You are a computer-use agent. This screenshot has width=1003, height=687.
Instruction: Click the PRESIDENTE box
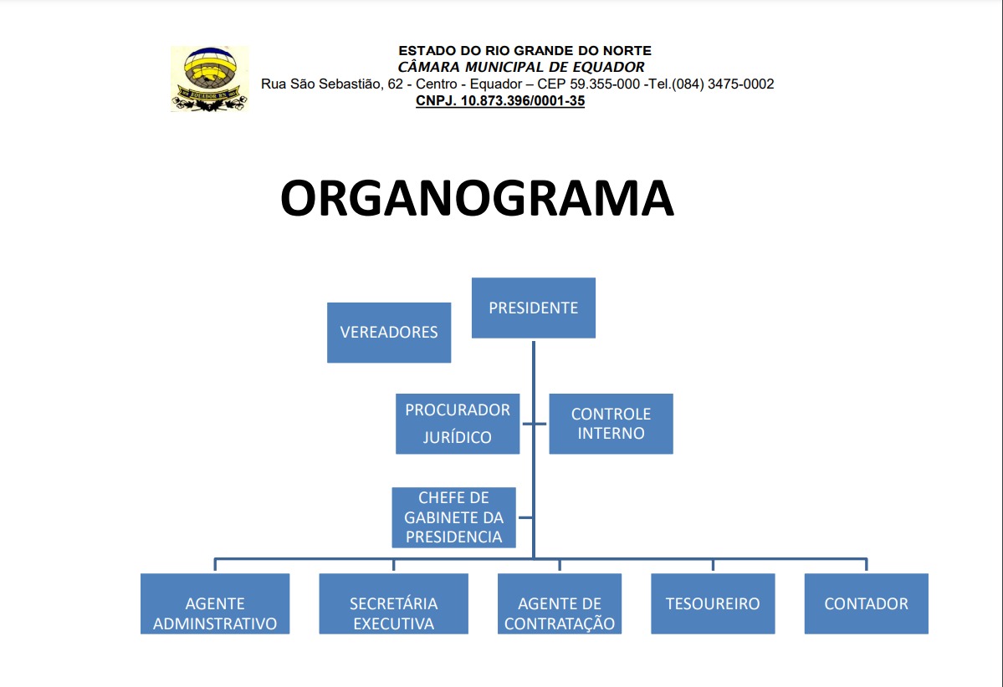coord(533,308)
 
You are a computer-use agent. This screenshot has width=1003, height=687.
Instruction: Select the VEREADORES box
coord(388,332)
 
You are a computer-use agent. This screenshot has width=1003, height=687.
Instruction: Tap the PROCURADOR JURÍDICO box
coord(457,423)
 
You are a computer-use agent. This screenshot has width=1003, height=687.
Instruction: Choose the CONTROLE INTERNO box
coord(611,423)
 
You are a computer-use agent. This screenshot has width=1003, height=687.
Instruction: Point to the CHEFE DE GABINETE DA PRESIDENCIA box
coord(453,517)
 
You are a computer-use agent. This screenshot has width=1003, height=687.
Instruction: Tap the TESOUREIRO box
coord(713,603)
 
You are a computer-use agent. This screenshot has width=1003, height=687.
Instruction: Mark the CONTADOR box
coord(866,603)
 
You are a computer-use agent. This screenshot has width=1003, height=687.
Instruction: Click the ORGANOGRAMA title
coord(477,199)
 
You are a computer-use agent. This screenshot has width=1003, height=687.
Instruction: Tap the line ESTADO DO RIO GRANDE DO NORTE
coord(525,51)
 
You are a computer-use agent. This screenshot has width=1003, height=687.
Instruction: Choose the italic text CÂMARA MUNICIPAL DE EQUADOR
coord(521,67)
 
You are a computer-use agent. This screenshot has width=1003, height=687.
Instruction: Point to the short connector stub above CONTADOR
coord(866,565)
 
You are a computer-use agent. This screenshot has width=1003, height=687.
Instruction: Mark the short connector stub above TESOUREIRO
coord(713,565)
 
